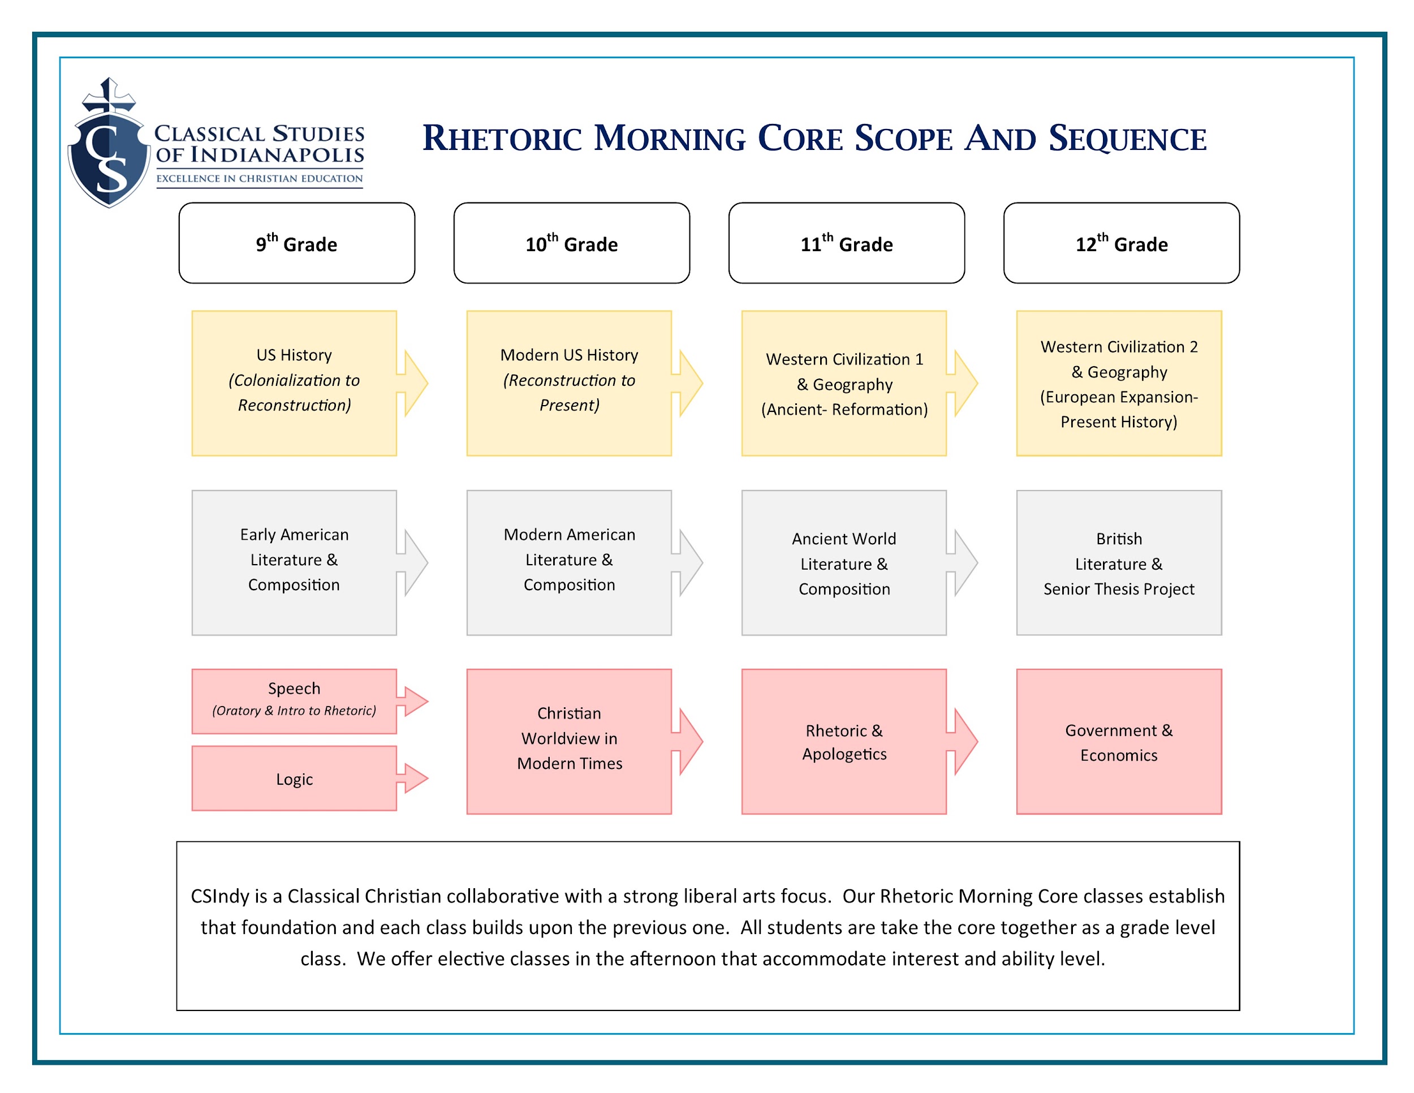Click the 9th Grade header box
(296, 243)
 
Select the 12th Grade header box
(1122, 243)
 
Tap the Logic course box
(294, 778)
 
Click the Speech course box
(294, 700)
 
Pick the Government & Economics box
(1119, 742)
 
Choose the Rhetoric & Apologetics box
(844, 742)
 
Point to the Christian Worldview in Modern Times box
(568, 742)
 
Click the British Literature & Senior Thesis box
(1119, 563)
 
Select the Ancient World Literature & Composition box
(844, 563)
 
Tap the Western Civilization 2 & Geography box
(1119, 384)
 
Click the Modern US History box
(568, 384)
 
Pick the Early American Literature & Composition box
(294, 563)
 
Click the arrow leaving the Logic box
(415, 778)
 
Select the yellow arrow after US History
(415, 384)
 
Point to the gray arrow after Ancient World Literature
(964, 563)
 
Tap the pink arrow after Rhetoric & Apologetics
(964, 742)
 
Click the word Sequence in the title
(1127, 139)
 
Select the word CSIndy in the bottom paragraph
(219, 896)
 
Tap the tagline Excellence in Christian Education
(259, 179)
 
